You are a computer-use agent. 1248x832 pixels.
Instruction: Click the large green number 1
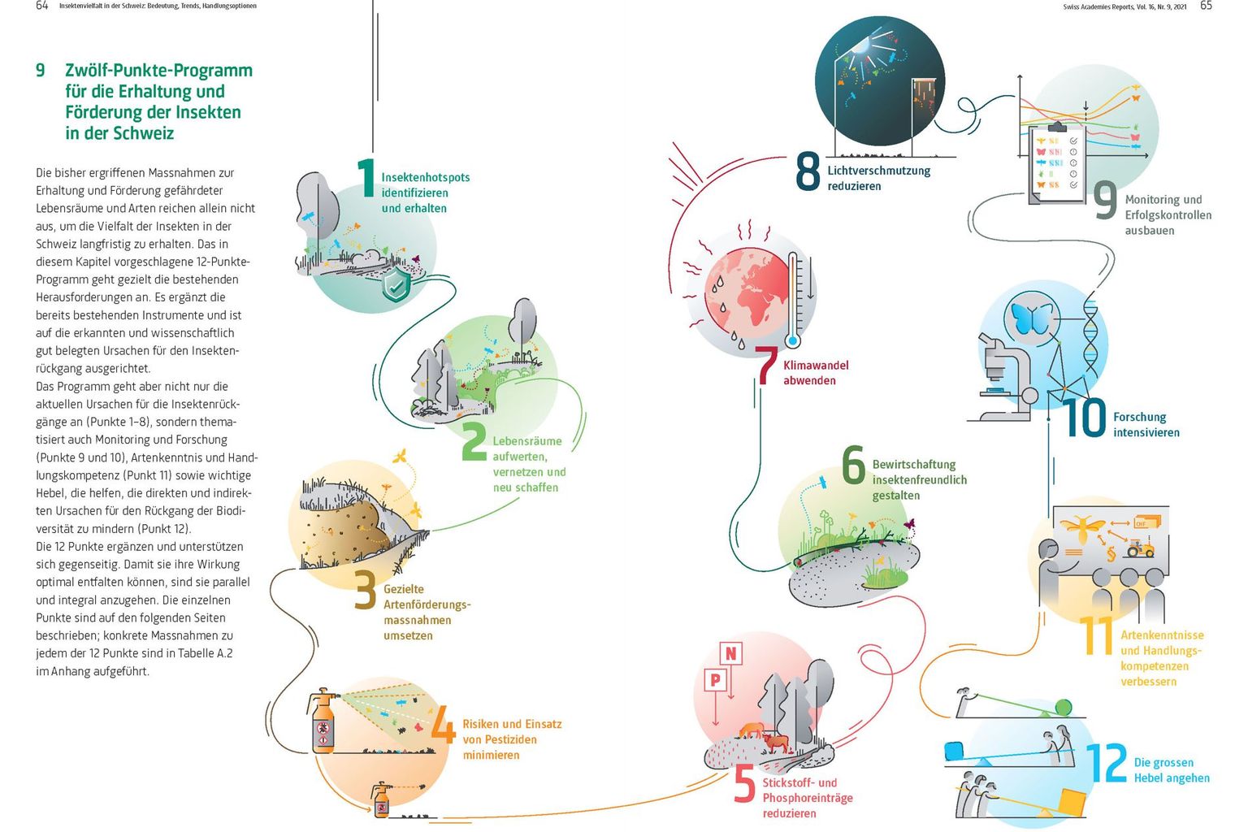[366, 178]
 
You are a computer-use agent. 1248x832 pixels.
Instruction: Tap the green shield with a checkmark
[396, 285]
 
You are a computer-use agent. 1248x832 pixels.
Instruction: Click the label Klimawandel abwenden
[809, 373]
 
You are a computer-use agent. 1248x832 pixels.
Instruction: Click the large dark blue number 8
[808, 172]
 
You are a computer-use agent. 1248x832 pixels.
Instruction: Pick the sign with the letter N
[731, 653]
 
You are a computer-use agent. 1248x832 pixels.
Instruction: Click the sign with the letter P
[716, 679]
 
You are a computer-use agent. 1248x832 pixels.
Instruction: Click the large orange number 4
[444, 724]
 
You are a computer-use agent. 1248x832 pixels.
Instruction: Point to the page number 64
[42, 6]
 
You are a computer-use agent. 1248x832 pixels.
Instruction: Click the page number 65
[1206, 6]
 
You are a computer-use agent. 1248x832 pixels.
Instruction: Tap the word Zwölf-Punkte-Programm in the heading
[159, 71]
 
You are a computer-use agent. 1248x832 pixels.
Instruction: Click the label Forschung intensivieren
[1146, 424]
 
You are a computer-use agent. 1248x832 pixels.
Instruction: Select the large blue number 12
[1107, 764]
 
